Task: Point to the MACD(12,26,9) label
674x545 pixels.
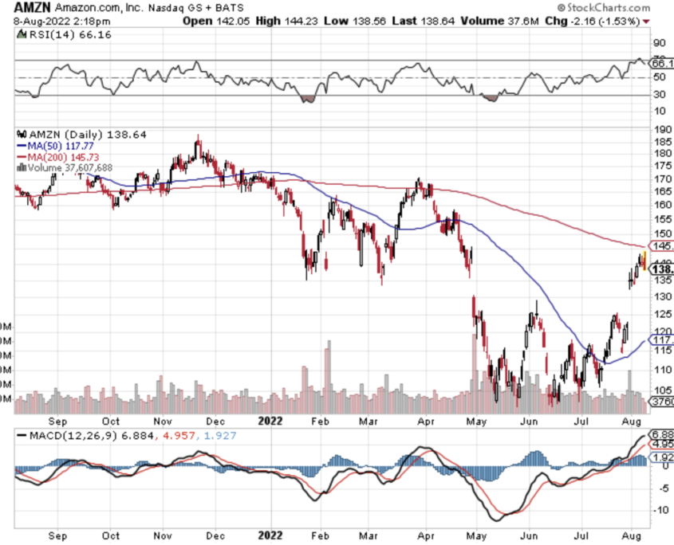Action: coord(71,437)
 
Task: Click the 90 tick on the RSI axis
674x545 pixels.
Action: coord(659,44)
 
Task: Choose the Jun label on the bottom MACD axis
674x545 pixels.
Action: coord(528,536)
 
